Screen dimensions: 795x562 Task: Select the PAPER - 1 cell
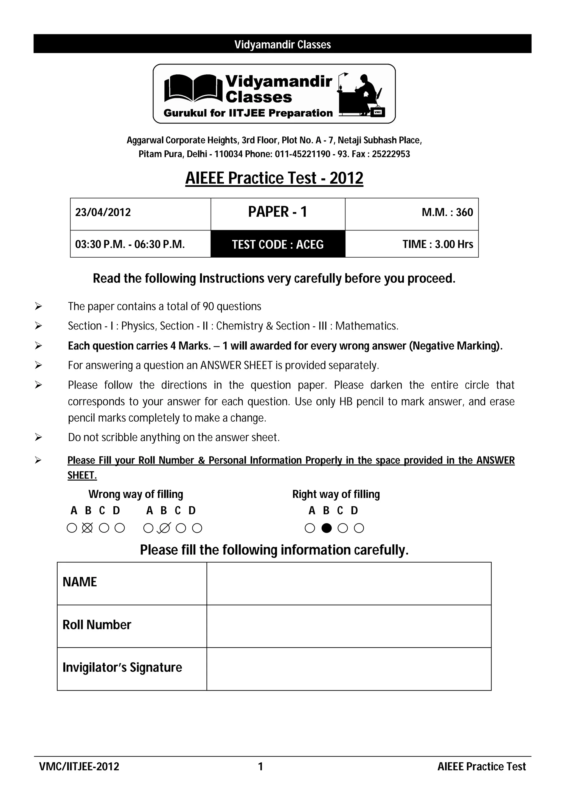[x=278, y=212]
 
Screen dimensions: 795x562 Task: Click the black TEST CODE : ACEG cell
[x=278, y=244]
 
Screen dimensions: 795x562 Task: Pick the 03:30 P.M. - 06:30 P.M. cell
[x=130, y=244]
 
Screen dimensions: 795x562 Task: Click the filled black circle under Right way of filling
[x=327, y=528]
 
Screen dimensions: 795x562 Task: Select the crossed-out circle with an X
[x=87, y=528]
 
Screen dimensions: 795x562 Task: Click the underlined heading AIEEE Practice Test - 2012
[x=274, y=178]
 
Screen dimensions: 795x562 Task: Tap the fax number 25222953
[x=391, y=154]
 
